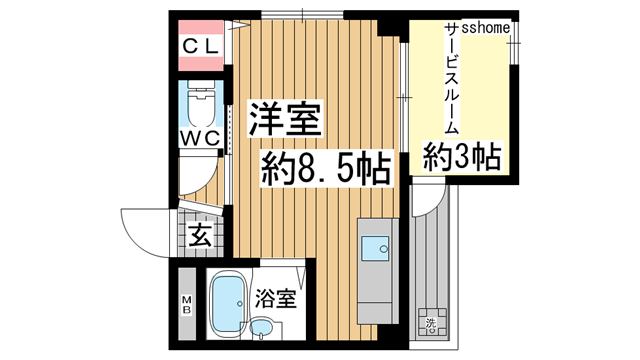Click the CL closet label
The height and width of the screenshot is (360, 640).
click(x=201, y=47)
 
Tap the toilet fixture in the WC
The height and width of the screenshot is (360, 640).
click(x=200, y=103)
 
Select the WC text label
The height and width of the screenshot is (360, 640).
click(x=200, y=138)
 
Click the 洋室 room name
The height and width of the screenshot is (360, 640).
click(x=285, y=118)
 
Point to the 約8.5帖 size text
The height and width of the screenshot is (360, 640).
click(x=326, y=168)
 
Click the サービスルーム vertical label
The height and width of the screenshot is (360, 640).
click(x=451, y=78)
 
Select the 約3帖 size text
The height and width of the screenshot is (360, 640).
click(x=462, y=157)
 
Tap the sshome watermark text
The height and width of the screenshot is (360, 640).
click(x=486, y=27)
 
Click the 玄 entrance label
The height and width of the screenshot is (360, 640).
click(x=201, y=236)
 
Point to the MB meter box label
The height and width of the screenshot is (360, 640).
click(x=187, y=305)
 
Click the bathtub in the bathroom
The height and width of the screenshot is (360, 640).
click(x=228, y=302)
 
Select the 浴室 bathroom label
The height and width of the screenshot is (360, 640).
click(x=275, y=299)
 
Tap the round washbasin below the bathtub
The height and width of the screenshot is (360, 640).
click(x=261, y=327)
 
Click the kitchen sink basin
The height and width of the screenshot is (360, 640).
click(x=375, y=248)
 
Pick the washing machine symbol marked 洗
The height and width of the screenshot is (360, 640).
click(x=431, y=322)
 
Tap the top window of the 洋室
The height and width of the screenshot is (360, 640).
click(x=302, y=16)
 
